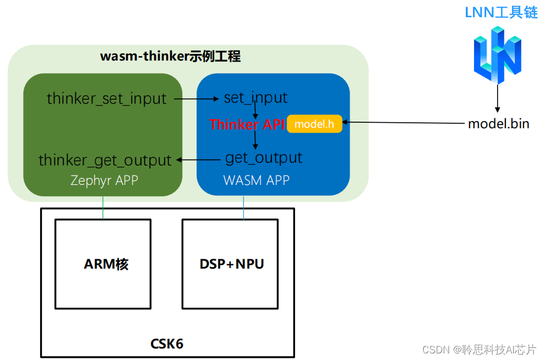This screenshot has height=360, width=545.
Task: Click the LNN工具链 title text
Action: tap(501, 13)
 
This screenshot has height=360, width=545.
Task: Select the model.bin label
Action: tap(498, 124)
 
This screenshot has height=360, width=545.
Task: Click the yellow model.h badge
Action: tap(314, 124)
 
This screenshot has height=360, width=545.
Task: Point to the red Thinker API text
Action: tap(247, 124)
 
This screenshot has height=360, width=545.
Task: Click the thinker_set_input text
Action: tap(106, 99)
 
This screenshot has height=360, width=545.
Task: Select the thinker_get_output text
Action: tap(105, 160)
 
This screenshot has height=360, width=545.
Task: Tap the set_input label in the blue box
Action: tap(255, 98)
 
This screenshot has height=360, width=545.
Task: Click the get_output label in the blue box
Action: tap(264, 158)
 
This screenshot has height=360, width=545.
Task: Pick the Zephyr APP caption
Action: tap(104, 181)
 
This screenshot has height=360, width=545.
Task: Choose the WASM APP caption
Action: tap(256, 181)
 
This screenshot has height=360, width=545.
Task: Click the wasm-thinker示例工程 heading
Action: tap(170, 57)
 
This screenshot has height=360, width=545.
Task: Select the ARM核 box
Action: tap(103, 264)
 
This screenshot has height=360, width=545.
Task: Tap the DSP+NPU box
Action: tap(230, 264)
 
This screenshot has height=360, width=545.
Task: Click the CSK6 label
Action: tap(167, 344)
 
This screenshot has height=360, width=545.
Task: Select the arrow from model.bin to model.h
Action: tap(402, 123)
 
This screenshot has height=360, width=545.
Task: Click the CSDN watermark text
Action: tap(479, 349)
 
